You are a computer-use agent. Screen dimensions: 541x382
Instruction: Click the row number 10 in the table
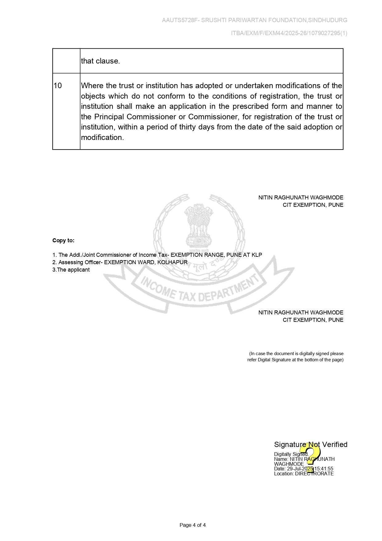pyautogui.click(x=58, y=86)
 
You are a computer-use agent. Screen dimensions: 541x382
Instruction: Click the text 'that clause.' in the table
pyautogui.click(x=100, y=61)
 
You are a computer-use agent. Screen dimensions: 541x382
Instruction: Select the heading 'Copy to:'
pyautogui.click(x=63, y=240)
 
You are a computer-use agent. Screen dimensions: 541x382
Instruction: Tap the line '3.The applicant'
pyautogui.click(x=71, y=270)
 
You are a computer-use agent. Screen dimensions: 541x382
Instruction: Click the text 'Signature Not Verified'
pyautogui.click(x=311, y=444)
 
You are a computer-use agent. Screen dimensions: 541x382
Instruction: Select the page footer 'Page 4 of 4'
pyautogui.click(x=193, y=525)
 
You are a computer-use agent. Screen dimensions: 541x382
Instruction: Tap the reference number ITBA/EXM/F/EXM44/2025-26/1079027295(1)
pyautogui.click(x=289, y=33)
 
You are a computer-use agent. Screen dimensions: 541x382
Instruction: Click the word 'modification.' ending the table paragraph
pyautogui.click(x=102, y=137)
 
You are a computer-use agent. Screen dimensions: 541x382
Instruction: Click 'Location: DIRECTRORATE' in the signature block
pyautogui.click(x=304, y=474)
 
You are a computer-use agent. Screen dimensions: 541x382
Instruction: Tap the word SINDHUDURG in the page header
pyautogui.click(x=328, y=20)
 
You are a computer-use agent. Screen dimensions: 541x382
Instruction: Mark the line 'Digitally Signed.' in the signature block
pyautogui.click(x=291, y=454)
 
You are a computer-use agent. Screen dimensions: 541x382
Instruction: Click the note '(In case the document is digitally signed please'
pyautogui.click(x=296, y=354)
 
